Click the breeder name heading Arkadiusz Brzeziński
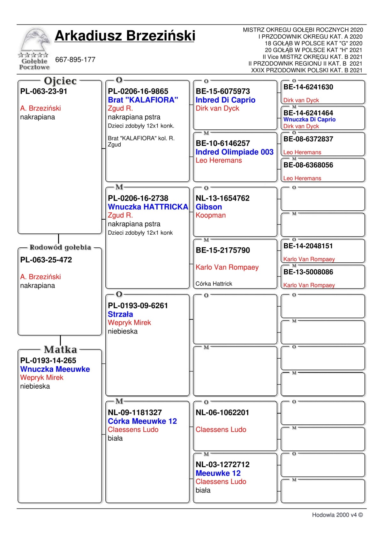pos(125,36)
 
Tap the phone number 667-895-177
pos(75,60)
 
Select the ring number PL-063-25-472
pos(46,260)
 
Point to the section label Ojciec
pos(60,81)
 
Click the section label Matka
pos(60,349)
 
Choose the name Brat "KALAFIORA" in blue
pos(143,100)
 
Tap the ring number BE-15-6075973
pos(222,91)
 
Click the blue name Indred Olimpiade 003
pos(234,152)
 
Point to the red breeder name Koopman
pos(210,215)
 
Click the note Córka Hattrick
pos(214,284)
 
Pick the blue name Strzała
pos(120,314)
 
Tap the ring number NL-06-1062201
pos(222,413)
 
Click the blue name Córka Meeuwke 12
pos(142,421)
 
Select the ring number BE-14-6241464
pos(308,113)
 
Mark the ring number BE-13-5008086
pos(308,272)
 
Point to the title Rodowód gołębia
pos(60,247)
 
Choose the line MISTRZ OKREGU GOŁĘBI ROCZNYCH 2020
pos(303,30)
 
